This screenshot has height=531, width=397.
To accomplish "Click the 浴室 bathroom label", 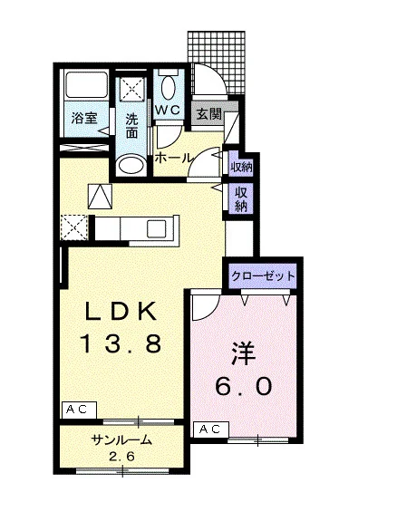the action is [x=84, y=118].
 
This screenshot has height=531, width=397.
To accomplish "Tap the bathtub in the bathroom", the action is [x=87, y=84].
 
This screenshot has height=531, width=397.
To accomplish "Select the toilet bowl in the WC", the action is [x=169, y=87].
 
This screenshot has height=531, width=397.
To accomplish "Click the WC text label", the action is [x=168, y=110].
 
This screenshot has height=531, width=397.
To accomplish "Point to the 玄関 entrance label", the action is [x=209, y=114].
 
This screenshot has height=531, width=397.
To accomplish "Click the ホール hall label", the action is [x=173, y=158].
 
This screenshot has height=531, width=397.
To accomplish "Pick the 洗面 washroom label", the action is [x=131, y=126].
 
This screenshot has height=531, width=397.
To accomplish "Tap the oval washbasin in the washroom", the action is [x=131, y=165].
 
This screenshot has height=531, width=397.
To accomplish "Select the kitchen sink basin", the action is [x=156, y=228].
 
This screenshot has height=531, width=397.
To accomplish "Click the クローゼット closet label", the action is [x=263, y=276].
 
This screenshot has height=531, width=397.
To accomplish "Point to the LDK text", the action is [x=121, y=311].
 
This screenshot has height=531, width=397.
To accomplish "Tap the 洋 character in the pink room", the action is [x=243, y=352].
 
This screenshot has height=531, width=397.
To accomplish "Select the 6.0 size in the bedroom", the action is [x=244, y=386].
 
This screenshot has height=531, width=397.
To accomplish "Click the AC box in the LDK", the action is [x=79, y=410].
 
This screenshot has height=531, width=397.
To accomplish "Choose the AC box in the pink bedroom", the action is [x=210, y=430].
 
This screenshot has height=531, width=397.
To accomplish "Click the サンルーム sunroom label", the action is [x=121, y=440].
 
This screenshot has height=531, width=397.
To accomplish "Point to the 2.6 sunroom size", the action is [x=121, y=457].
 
